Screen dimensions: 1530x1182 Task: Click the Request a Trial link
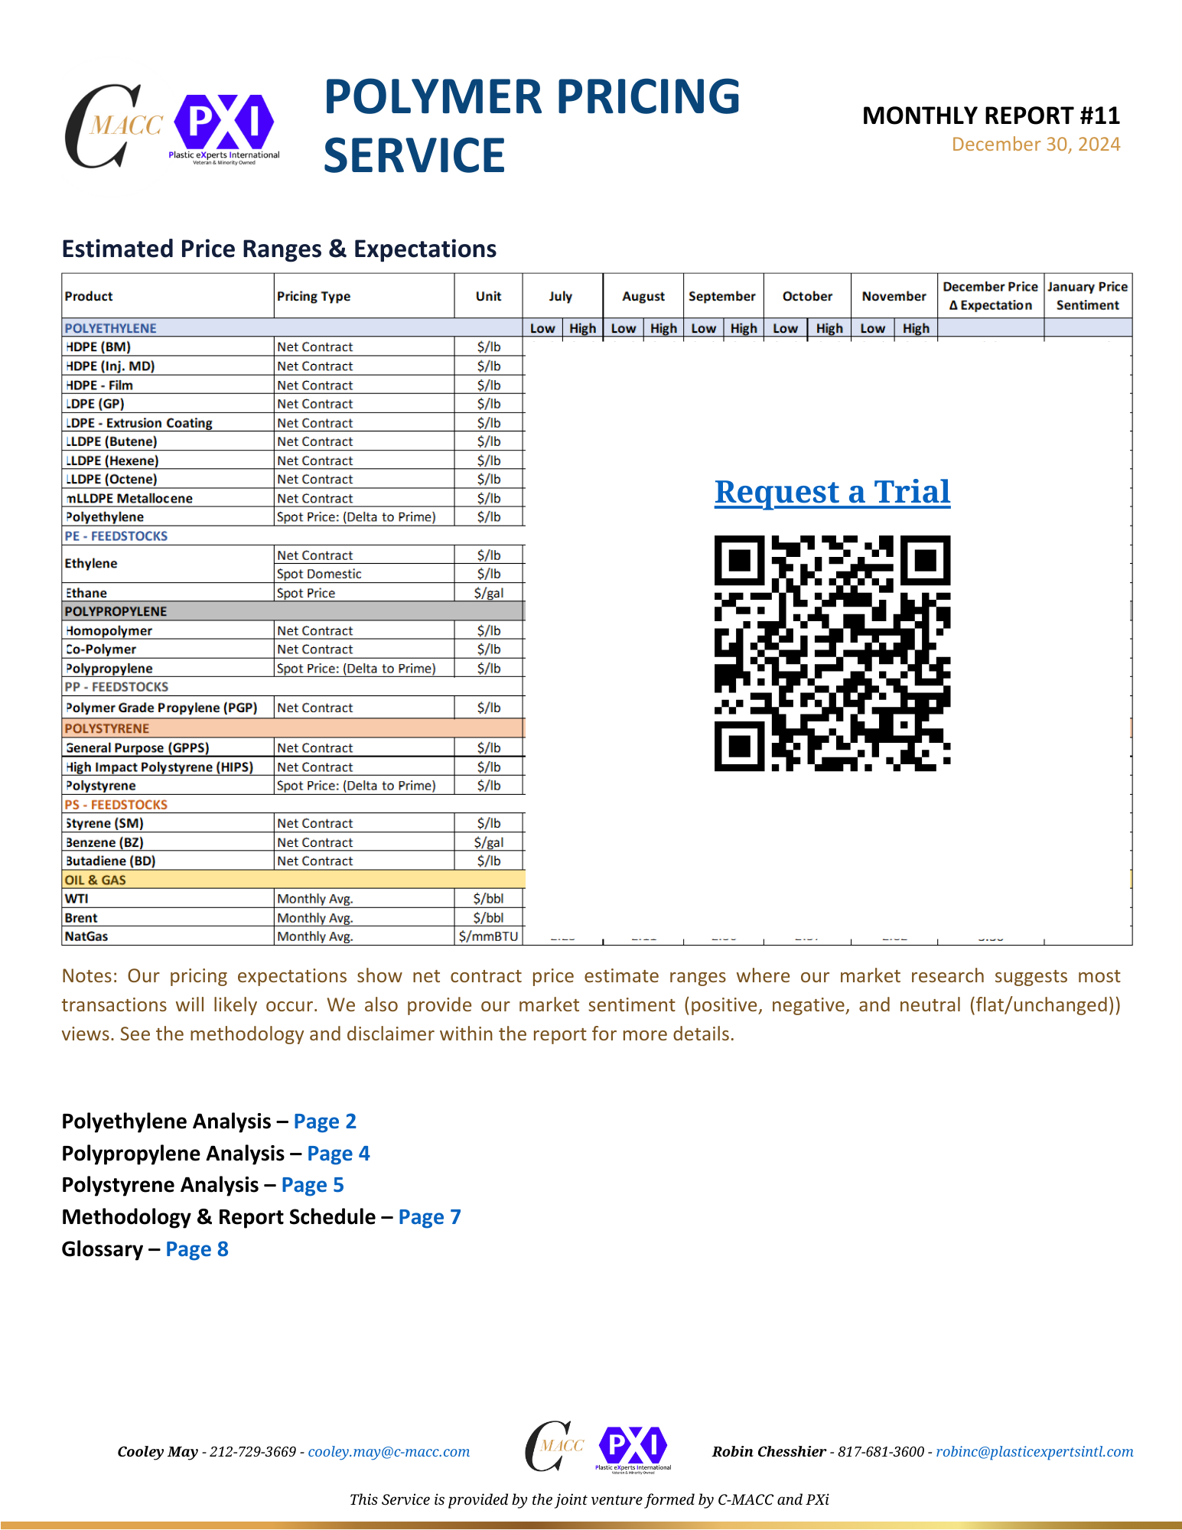point(832,492)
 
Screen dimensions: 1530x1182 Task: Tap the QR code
point(832,653)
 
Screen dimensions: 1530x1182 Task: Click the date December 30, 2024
point(1035,145)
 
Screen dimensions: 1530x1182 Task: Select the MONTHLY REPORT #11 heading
point(991,116)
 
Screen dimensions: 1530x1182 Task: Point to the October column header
point(807,296)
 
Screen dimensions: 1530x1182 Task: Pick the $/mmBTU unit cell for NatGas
point(488,936)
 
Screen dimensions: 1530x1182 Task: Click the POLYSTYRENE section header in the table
point(107,728)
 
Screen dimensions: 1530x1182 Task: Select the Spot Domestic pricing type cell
point(319,574)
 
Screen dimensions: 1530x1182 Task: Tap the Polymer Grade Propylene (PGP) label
point(161,708)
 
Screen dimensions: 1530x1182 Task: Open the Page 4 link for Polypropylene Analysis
point(338,1153)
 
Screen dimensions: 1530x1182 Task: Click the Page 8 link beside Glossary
point(197,1249)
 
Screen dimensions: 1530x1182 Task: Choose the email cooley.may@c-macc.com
point(389,1452)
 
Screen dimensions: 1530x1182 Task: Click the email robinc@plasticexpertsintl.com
point(1034,1452)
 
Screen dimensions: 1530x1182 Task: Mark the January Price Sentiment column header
point(1087,296)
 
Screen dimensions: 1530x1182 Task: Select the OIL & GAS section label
point(96,880)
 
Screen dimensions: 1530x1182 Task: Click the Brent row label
point(81,918)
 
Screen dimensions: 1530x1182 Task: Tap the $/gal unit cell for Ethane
point(488,593)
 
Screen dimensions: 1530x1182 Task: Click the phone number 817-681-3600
point(881,1452)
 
